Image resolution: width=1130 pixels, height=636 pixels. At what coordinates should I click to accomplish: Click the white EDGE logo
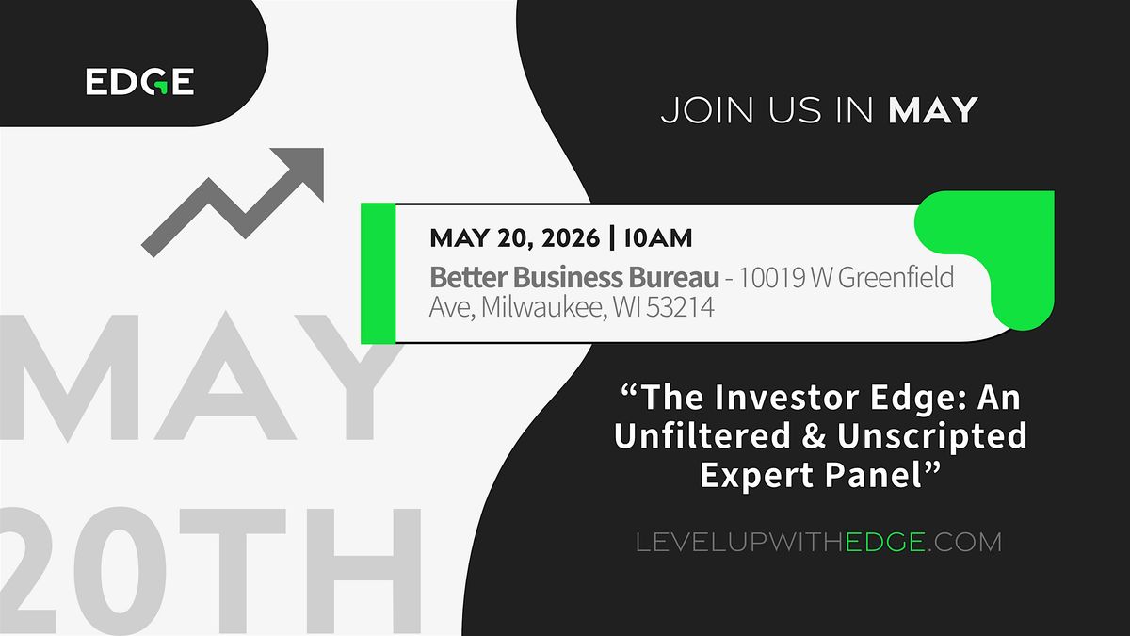139,81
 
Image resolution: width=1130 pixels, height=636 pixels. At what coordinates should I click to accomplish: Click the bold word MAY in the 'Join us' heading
933,110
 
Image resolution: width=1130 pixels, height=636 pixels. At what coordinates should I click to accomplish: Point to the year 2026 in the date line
571,237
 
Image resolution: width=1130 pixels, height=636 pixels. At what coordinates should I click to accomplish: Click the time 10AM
658,237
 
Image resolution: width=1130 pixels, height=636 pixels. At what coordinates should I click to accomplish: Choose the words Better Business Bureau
574,278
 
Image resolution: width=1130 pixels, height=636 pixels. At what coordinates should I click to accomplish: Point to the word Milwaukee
544,307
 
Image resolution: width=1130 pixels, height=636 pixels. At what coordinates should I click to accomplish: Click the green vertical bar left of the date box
379,273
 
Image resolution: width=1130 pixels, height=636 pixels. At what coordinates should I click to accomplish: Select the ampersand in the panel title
814,436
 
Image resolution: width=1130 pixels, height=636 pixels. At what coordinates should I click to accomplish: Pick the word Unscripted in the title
932,436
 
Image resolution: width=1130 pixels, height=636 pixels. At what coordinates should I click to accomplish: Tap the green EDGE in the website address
885,543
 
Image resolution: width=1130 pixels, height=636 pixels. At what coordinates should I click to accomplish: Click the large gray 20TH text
211,570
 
